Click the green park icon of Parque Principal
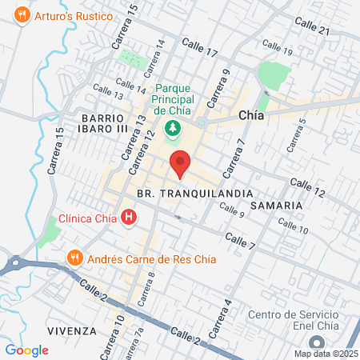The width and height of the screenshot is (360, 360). point(171,128)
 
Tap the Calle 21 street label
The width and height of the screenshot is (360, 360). point(313,30)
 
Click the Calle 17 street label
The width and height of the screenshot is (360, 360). point(200,47)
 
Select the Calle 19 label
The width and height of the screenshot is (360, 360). point(277,51)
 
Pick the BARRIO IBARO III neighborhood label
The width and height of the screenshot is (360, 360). point(104,123)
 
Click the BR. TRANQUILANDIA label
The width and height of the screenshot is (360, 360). point(194,194)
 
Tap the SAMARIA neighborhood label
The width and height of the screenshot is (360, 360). point(276,206)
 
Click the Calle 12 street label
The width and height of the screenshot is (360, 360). point(308,188)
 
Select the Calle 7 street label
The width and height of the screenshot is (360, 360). point(240,239)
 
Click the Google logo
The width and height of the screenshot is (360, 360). point(26,350)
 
